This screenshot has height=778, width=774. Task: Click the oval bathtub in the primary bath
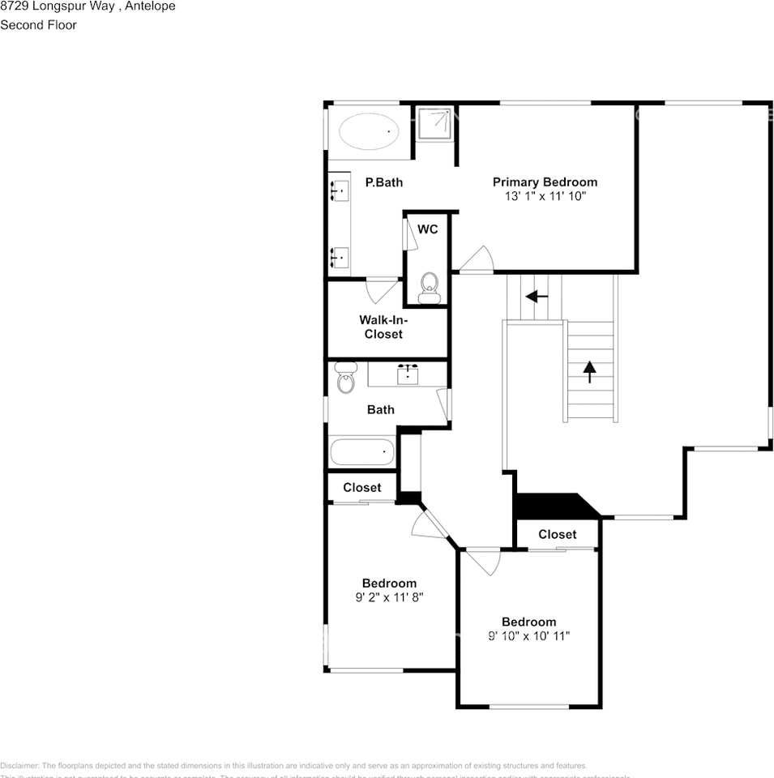coord(368,131)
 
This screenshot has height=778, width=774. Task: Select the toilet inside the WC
coord(429,287)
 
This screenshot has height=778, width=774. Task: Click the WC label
coord(428,229)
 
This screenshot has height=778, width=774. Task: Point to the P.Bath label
coord(383,182)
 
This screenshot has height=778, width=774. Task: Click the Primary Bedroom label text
coord(545,182)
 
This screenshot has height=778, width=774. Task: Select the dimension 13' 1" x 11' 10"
coord(545,196)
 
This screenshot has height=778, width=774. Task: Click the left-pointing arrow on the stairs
coord(537,297)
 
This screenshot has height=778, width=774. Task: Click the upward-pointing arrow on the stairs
coord(589,371)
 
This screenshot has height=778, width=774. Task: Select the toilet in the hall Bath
coord(346,378)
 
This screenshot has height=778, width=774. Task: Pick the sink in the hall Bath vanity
coord(408,374)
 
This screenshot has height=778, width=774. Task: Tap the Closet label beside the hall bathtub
coord(361,488)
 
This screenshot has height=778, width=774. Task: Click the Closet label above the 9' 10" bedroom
coord(558,534)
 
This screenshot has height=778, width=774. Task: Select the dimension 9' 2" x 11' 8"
coord(390,597)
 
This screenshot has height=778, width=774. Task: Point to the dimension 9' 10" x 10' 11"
coord(528,636)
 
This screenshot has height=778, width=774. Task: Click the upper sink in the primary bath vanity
coord(340,192)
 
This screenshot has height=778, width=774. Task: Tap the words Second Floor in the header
coord(39,24)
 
